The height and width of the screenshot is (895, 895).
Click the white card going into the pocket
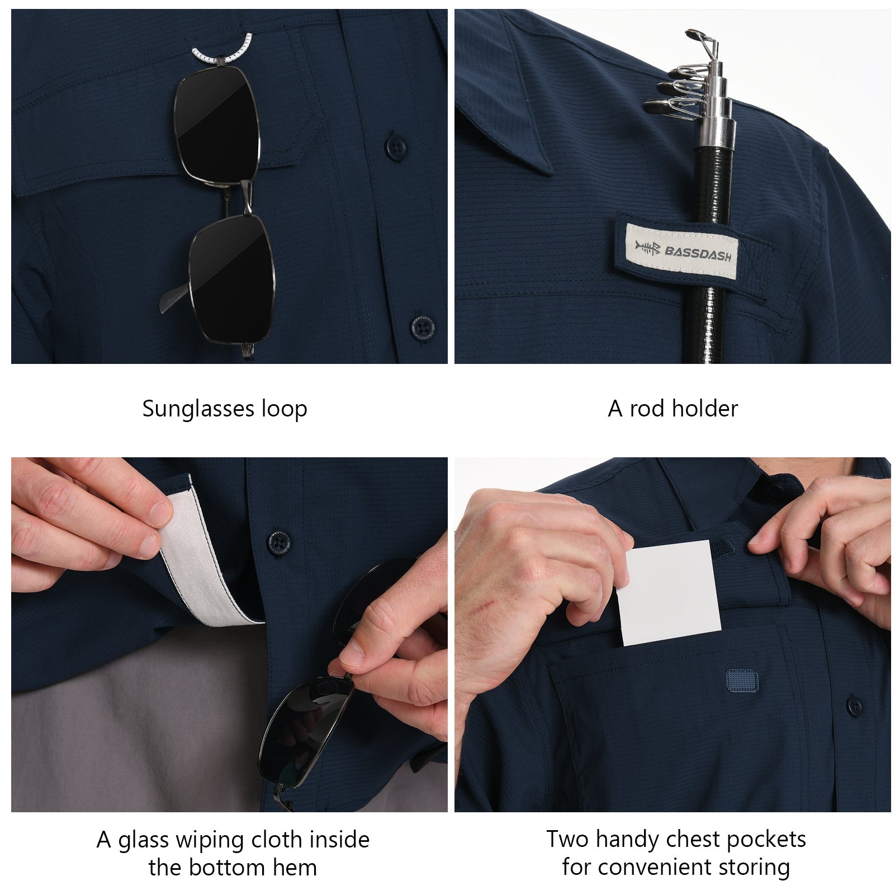click(669, 593)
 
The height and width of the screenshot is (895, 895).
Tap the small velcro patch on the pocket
click(741, 679)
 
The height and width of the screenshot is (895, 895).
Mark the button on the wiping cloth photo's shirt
click(279, 542)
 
